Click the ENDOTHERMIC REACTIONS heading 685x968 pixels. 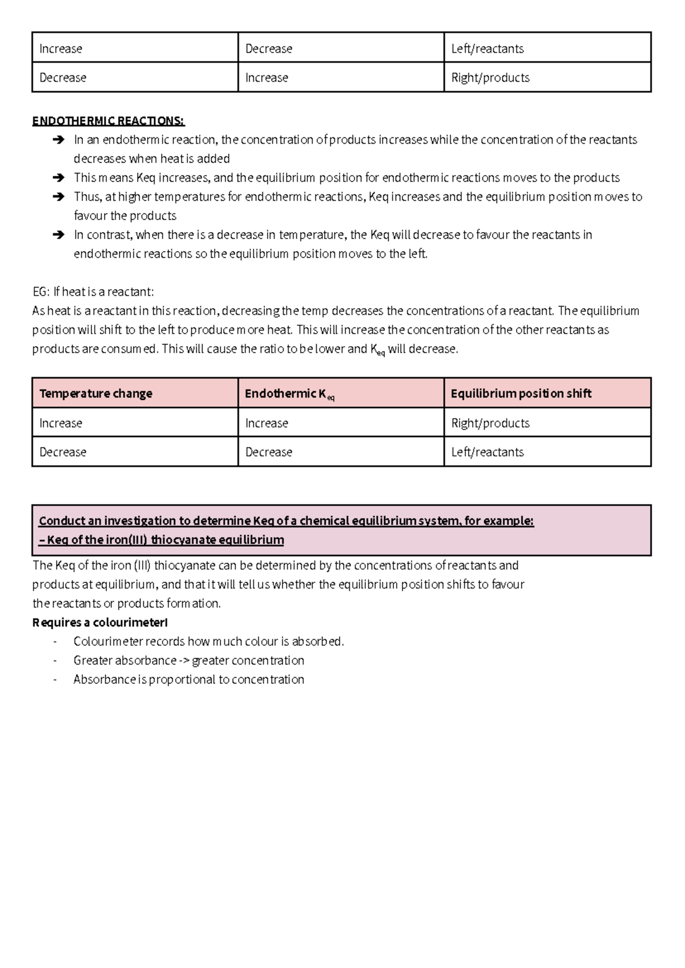(x=108, y=121)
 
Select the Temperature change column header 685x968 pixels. (x=96, y=394)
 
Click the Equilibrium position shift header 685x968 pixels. (x=521, y=394)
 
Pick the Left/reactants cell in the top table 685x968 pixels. (x=487, y=49)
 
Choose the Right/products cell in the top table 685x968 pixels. (x=490, y=78)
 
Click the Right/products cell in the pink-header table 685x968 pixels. (x=490, y=423)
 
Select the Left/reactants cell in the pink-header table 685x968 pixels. (x=487, y=452)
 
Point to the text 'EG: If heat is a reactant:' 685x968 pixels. (x=93, y=292)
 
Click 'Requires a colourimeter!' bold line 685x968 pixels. (x=100, y=622)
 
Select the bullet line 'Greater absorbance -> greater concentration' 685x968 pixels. (x=188, y=661)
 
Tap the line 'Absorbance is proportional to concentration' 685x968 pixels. (x=188, y=679)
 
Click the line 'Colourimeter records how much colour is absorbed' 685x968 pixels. (x=208, y=642)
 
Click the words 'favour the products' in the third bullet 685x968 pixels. (x=125, y=216)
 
